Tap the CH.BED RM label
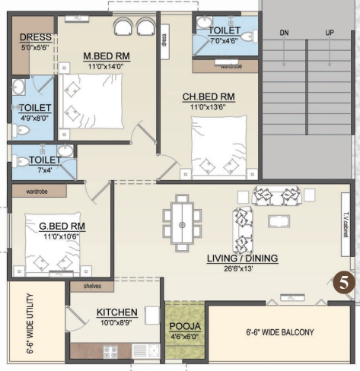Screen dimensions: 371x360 pos(208,97)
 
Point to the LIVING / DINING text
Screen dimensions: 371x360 pos(242,258)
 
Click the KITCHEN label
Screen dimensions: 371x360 pos(116,312)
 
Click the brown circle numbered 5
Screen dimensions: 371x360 pos(345,283)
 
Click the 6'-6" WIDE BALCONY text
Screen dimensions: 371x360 pos(279,332)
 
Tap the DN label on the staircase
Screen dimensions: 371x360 pos(285,33)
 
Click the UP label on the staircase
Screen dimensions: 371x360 pos(330,33)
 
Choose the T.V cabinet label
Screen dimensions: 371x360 pos(345,225)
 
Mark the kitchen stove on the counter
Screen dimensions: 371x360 pos(110,351)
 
